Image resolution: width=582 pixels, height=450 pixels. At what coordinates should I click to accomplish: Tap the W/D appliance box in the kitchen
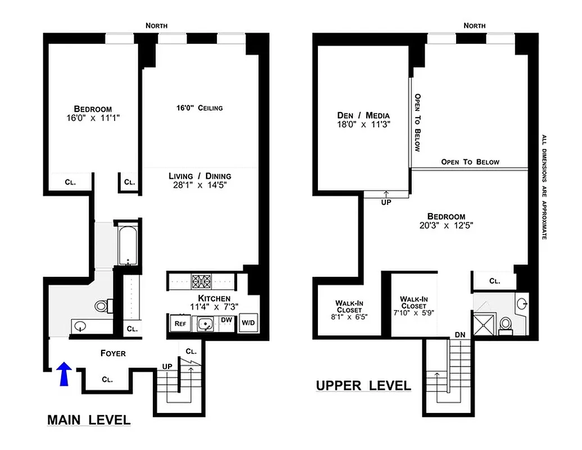(247, 323)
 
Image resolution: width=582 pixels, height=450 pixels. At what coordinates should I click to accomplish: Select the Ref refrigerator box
(180, 323)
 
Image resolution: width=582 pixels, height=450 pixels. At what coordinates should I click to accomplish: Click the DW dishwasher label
(226, 320)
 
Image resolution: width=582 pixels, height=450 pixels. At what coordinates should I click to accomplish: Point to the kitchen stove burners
(201, 280)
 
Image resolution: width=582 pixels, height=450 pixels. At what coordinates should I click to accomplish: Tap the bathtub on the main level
(128, 245)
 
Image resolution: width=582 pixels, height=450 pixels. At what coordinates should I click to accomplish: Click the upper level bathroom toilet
(505, 324)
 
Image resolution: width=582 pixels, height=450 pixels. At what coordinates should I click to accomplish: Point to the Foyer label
(113, 353)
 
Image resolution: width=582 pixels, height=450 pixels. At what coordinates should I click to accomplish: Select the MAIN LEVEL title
(89, 420)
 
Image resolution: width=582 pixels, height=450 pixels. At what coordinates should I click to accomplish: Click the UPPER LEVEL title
(363, 386)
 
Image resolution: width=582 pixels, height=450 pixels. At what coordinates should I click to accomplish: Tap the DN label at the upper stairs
(460, 335)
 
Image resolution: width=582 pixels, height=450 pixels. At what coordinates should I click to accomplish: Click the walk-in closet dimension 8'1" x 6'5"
(349, 317)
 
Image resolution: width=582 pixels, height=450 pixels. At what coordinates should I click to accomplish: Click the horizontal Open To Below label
(470, 162)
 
